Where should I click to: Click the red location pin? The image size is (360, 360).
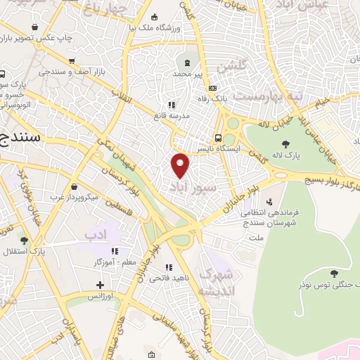(x=181, y=165)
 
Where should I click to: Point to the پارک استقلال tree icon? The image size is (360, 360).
(x=25, y=240)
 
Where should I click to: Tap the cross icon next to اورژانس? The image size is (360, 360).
(x=101, y=285)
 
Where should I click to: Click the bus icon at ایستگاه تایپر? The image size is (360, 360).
(x=219, y=138)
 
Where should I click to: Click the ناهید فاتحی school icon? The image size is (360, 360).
(x=168, y=267)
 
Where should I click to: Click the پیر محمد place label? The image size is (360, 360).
(x=193, y=73)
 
